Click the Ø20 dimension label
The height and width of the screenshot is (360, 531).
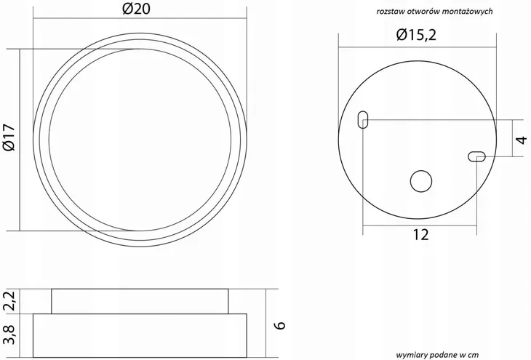(x=136, y=9)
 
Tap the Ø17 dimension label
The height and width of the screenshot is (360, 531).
(x=9, y=137)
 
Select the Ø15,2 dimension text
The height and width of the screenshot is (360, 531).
(x=416, y=35)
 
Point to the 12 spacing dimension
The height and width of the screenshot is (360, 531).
(x=420, y=234)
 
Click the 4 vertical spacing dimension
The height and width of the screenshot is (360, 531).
(x=522, y=140)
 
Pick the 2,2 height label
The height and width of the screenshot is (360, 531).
(x=10, y=300)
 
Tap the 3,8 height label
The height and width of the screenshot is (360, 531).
(x=10, y=335)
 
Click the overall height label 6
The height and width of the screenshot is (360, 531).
(x=280, y=325)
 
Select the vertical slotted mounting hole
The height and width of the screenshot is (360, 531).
(x=363, y=119)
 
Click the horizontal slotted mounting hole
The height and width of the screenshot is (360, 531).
(x=477, y=156)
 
